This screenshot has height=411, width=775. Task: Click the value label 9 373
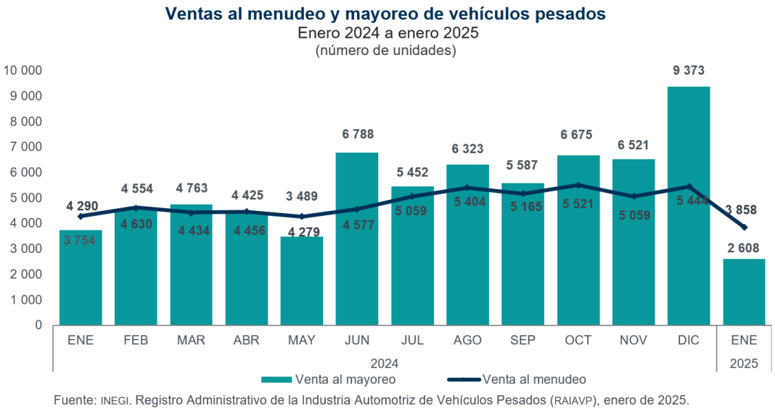pyautogui.click(x=689, y=71)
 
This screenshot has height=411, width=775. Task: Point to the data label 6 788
pyautogui.click(x=356, y=134)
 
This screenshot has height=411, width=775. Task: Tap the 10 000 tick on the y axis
pyautogui.click(x=23, y=70)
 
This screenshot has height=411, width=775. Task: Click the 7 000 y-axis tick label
pyautogui.click(x=27, y=147)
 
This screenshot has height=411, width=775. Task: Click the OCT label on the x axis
pyautogui.click(x=578, y=340)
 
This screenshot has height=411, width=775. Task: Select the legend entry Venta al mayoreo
pyautogui.click(x=345, y=379)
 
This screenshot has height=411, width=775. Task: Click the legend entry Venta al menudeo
pyautogui.click(x=533, y=379)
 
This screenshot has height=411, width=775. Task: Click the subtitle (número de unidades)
pyautogui.click(x=385, y=51)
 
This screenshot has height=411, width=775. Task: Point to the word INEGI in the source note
pyautogui.click(x=115, y=400)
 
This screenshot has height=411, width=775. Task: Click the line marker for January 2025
pyautogui.click(x=744, y=227)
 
